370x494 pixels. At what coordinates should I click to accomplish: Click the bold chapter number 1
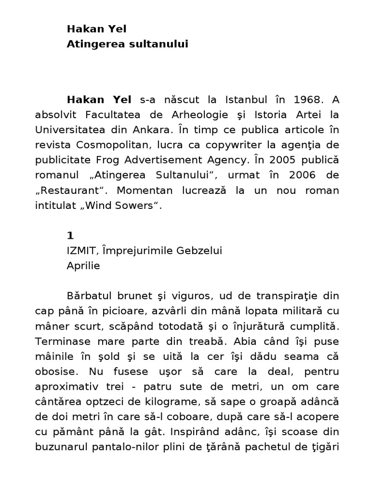pos(70,235)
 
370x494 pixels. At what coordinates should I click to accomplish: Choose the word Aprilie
pos(83,265)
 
